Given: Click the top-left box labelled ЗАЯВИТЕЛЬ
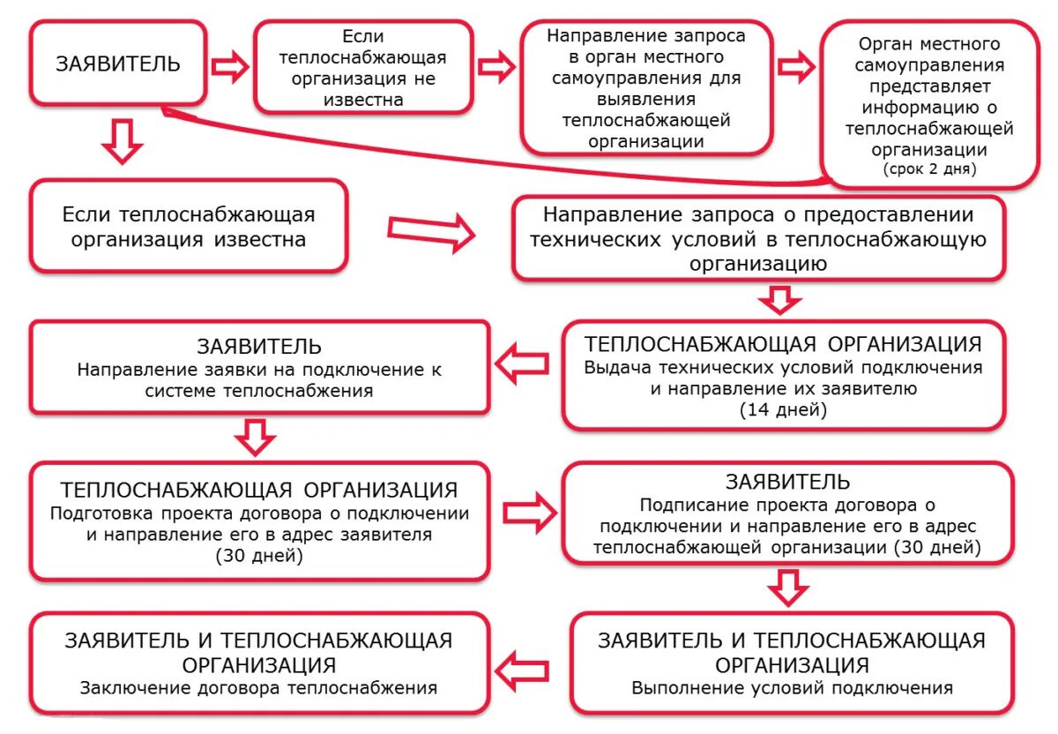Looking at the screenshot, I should pos(118,64).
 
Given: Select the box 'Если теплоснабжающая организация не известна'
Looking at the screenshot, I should pos(362,67).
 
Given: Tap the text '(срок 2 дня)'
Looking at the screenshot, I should pos(929,169).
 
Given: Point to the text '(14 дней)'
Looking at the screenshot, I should pos(783,408).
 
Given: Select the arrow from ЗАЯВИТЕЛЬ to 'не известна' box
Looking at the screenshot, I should pos(231,67).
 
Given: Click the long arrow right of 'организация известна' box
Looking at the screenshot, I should pos(431,234).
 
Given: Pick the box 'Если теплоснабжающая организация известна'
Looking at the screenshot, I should pos(188,227).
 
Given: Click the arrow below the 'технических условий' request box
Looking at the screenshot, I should pos(780,299).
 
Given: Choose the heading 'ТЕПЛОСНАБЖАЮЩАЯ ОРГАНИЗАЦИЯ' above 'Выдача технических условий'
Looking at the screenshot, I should pos(783,344).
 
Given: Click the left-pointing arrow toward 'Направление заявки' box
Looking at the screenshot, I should pos(522,365).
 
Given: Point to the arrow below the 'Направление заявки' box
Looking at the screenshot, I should pos(256,436).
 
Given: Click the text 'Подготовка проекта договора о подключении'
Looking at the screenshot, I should pos(259,513).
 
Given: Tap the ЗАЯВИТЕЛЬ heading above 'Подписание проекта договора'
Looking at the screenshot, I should pos(787,482).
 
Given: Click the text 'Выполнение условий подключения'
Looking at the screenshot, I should pos(792,688).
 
